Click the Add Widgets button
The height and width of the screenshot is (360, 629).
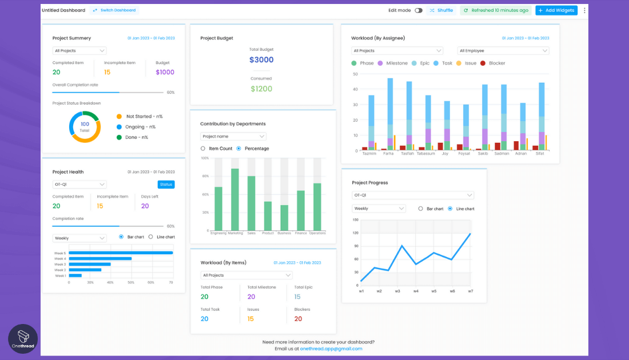point(556,10)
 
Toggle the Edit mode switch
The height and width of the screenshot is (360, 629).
point(419,10)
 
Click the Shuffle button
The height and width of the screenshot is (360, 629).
point(441,10)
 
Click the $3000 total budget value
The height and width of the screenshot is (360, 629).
point(261,60)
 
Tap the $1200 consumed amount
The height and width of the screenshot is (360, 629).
point(261,89)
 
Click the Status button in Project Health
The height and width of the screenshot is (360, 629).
point(166,185)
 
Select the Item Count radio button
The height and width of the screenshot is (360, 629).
point(203,149)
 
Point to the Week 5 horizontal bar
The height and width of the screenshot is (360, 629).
point(121,253)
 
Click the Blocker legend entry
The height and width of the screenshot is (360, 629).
point(492,63)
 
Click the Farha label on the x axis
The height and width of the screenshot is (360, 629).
point(388,154)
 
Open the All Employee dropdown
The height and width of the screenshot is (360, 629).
point(503,51)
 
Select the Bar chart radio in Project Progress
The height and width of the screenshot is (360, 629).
point(421,209)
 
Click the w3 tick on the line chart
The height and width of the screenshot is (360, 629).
point(397,291)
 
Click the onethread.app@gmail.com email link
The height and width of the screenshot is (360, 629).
point(331,349)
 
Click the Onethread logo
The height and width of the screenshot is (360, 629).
point(23,339)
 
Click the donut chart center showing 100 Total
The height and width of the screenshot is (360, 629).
point(85,127)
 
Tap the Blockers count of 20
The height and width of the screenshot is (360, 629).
point(298,319)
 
